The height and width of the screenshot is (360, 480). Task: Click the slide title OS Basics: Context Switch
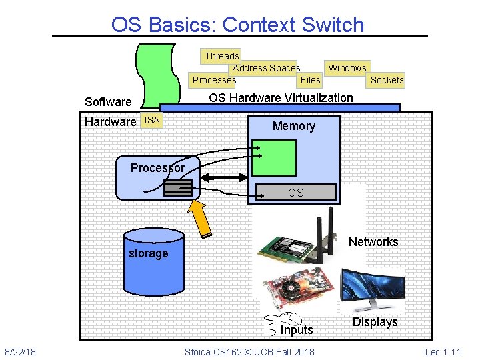point(238,25)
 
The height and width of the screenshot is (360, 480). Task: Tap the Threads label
point(221,56)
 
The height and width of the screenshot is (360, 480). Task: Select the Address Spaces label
point(266,68)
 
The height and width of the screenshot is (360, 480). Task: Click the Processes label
point(213,80)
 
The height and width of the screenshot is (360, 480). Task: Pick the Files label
point(310,80)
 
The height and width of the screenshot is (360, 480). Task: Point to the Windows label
point(347,68)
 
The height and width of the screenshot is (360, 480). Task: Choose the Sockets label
point(387,80)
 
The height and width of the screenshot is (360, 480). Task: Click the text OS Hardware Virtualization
point(281,98)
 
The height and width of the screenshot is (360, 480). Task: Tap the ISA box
point(152,121)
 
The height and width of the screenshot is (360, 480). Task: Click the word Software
point(108,102)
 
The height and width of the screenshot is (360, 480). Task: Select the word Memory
point(293,126)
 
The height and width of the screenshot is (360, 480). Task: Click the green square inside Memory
point(273,158)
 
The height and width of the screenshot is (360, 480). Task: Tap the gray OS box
point(295,193)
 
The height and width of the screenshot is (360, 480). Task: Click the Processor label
point(157,168)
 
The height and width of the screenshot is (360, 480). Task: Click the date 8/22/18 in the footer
point(21,351)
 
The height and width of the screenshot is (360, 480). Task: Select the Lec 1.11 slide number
point(442,351)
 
